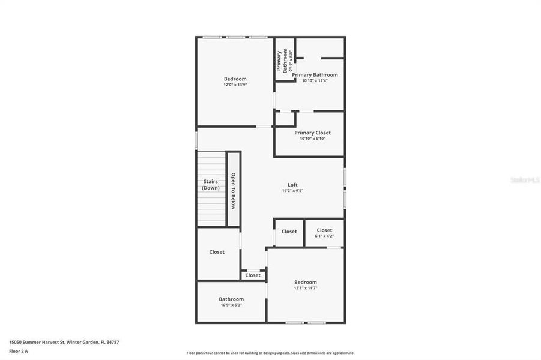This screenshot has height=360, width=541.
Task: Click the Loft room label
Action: coord(292,185)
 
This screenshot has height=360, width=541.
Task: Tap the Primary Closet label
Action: coord(312,133)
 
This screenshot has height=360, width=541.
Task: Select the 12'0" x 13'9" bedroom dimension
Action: coord(235,85)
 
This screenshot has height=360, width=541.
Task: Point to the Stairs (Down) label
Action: coord(210,184)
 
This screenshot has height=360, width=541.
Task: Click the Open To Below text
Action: coord(234,191)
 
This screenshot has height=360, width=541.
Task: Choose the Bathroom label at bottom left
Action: coord(231,299)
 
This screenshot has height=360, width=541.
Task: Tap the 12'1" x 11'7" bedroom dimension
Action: coord(305,288)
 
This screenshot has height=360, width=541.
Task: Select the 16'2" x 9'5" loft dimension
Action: coord(292,191)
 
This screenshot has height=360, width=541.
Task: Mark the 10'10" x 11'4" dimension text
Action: coord(315,80)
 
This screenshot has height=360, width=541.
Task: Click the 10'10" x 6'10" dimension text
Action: coord(312,139)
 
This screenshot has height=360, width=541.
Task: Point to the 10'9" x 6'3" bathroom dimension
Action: coord(231,305)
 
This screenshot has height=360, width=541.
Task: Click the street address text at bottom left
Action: coord(64,342)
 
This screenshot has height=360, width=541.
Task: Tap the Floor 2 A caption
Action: coord(19,350)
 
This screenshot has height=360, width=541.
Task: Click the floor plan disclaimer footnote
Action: coord(270,353)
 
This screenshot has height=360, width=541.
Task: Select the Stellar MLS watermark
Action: coord(524,179)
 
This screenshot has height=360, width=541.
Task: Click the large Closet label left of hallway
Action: coord(217,252)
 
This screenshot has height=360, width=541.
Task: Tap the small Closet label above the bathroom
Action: coord(253,275)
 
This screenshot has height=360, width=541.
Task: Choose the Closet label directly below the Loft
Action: coord(289,232)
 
